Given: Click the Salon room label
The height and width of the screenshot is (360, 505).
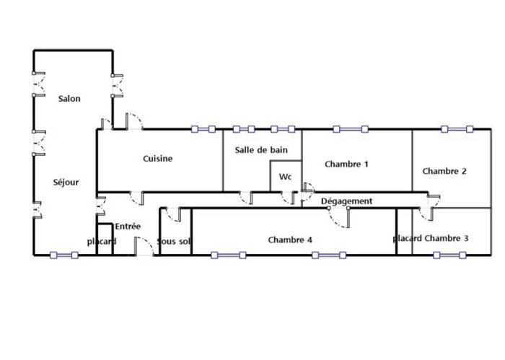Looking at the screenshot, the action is tap(69, 99).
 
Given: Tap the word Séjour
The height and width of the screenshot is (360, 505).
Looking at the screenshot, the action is tap(66, 183).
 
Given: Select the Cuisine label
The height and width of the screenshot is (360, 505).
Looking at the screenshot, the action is tap(158, 159).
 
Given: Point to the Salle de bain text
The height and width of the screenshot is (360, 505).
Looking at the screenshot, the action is tap(261, 150).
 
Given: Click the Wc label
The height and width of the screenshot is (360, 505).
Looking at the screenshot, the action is tap(286, 177).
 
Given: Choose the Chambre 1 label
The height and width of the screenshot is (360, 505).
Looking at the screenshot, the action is tap(346, 164).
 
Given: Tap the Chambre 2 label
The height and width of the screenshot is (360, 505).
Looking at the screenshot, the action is tap(444, 171).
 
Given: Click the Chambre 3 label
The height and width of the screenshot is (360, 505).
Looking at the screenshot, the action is tap(447, 238).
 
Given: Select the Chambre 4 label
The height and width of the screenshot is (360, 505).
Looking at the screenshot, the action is tap(290, 240).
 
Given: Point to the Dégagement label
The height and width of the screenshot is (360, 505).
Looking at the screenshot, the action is tap(347, 201).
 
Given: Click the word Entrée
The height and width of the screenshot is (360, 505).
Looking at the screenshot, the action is tap(128, 227).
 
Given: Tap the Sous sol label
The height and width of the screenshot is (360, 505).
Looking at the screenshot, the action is tap(174, 241).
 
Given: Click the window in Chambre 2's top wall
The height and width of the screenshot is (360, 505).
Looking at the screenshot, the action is tap(457, 129).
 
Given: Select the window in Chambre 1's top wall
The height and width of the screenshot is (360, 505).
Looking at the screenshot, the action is tap(351, 129).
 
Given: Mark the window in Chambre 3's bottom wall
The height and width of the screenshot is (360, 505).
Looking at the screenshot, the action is tap(449, 255).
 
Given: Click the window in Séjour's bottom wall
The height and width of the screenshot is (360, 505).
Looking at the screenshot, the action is tap(64, 255).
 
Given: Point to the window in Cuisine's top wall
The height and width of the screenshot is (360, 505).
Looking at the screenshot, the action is tap(203, 129).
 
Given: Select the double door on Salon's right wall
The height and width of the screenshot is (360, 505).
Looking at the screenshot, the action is tap(117, 86).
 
